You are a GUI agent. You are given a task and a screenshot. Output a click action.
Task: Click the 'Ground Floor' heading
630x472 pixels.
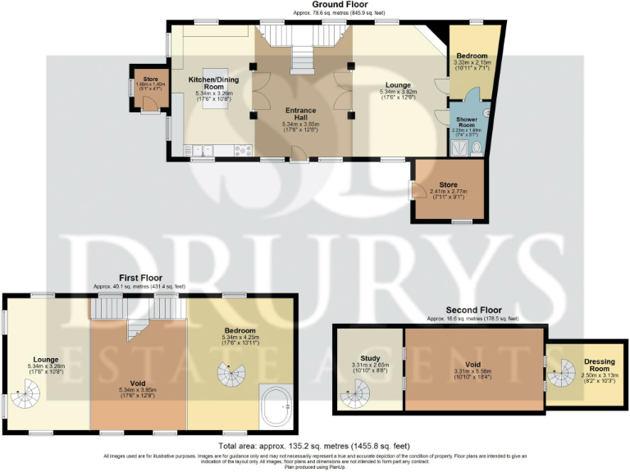coord(315,5)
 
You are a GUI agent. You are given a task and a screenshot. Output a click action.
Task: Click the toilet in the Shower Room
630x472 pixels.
coord(474,147)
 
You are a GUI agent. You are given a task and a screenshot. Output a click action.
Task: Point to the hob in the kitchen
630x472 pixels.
coord(244,150)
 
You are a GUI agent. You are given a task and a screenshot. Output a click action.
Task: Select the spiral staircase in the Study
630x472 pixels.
coord(356,397)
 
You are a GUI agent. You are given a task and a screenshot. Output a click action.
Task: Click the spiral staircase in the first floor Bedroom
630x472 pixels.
coord(231,378)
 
